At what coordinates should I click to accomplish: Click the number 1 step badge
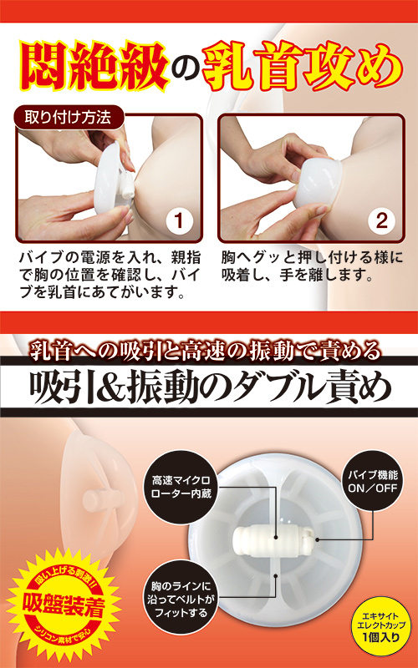pos(180,220)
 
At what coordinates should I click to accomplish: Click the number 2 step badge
pos(382,220)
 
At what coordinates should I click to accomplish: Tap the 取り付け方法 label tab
pos(69,117)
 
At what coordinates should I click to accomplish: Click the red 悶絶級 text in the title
pos(93,65)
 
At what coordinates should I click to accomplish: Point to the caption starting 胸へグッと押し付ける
pos(312,266)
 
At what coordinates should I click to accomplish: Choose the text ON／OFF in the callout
pos(373,488)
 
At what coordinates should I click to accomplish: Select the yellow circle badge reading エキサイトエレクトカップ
pos(382,626)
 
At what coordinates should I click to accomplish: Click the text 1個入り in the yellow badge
pos(381,637)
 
